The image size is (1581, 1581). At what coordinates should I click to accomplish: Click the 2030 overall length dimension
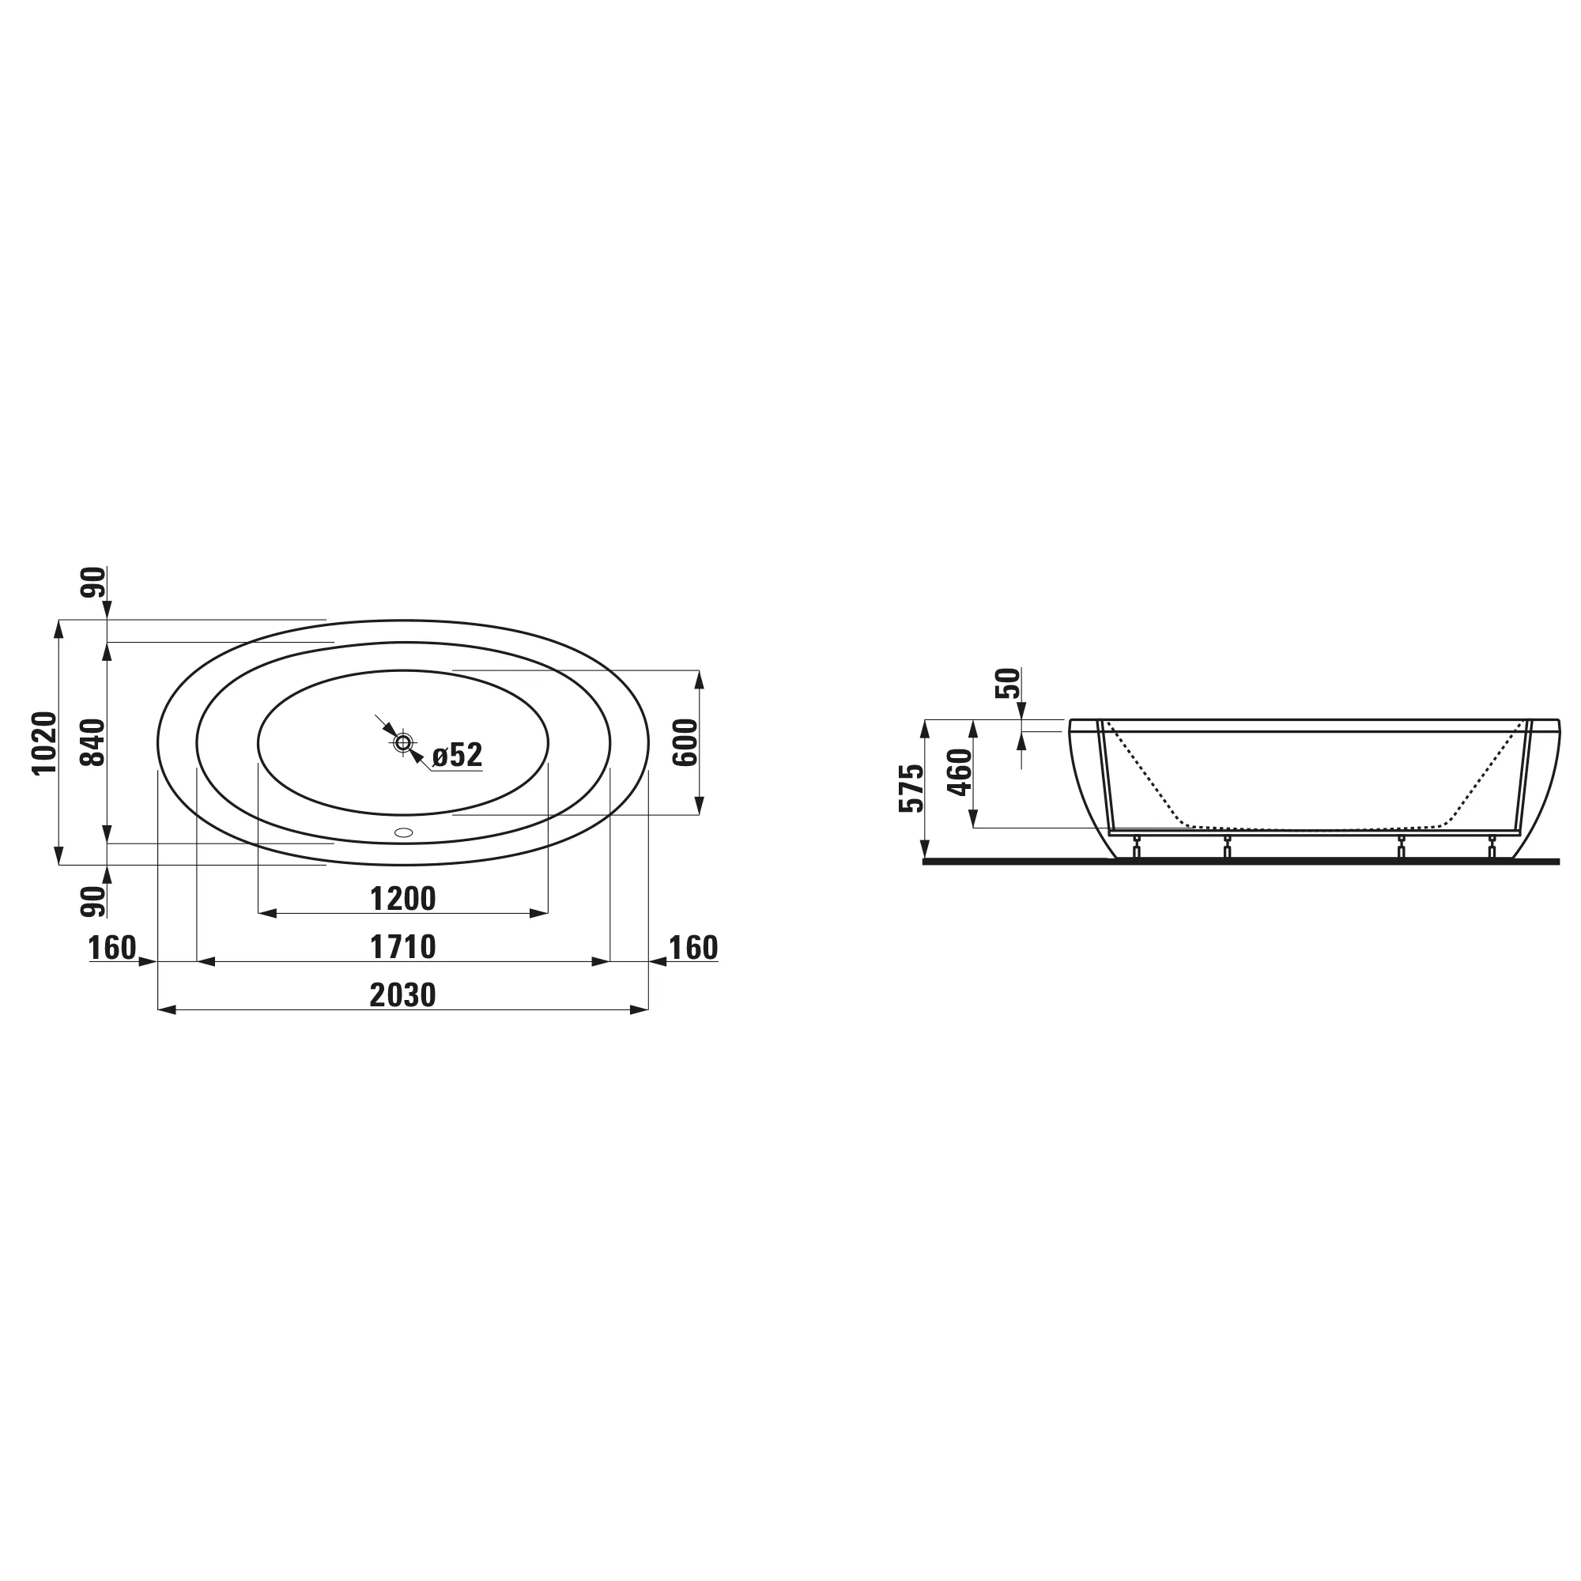coord(402,995)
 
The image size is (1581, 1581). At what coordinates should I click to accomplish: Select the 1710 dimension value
coord(402,947)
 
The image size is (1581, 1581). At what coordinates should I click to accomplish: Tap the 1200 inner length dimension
coord(402,899)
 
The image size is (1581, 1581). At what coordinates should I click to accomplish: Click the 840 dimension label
coord(93,742)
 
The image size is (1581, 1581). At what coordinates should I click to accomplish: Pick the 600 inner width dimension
coord(685,742)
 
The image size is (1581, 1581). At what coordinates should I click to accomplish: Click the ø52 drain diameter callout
coord(458,754)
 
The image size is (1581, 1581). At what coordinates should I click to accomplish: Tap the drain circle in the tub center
coord(402,743)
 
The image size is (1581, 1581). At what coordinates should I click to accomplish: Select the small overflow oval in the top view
coord(403,832)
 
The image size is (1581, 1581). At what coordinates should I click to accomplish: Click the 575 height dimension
coord(911,788)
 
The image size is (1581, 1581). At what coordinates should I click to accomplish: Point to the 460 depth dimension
coord(959,772)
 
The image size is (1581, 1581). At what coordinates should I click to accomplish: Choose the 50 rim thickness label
coord(1008,683)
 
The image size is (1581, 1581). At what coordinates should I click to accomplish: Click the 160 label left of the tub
coord(112,948)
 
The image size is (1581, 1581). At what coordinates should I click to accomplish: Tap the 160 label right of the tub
coord(693,948)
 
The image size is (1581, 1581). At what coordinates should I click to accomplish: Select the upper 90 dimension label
coord(93,582)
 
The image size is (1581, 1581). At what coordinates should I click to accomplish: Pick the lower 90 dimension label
coord(93,901)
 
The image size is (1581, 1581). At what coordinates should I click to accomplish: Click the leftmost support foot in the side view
coord(1135,847)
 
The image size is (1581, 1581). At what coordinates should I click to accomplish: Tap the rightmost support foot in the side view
coord(1492,847)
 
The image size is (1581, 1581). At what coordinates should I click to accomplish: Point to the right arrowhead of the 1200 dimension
coord(539,913)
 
